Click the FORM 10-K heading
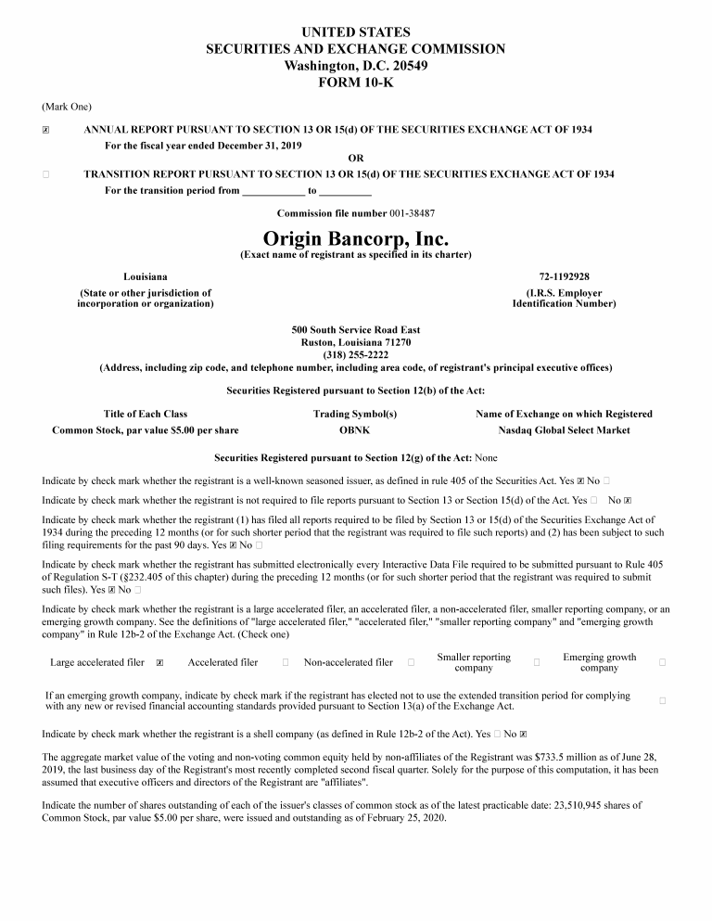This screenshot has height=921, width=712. (x=355, y=82)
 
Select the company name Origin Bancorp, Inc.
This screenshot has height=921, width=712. (x=355, y=239)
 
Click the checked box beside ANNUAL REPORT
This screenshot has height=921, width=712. (x=45, y=131)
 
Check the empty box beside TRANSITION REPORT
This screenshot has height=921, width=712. (x=45, y=174)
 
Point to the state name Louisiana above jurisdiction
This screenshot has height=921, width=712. (x=146, y=276)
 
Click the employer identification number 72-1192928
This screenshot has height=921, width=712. (x=564, y=276)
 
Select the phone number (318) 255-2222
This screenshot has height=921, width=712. (x=355, y=354)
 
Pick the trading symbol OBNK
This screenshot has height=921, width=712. (x=355, y=430)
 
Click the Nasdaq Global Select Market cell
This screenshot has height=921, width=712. (x=564, y=430)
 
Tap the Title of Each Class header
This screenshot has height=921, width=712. (x=146, y=414)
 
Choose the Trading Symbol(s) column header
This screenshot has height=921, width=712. (x=355, y=414)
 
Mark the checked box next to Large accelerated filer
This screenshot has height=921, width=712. (x=160, y=663)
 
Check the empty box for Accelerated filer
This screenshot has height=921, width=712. (x=286, y=662)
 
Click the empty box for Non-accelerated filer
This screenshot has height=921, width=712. (x=411, y=662)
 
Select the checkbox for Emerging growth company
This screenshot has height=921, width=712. (x=662, y=662)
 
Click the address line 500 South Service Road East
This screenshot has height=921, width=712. (x=355, y=330)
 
